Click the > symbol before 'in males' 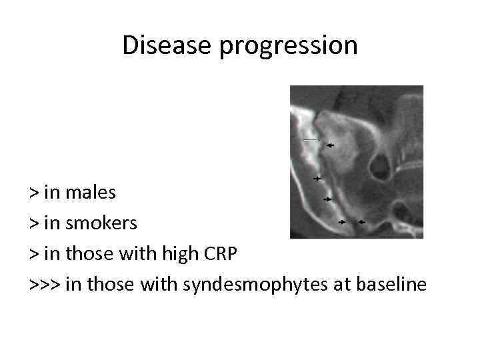(x=33, y=193)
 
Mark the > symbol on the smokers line (x=33, y=224)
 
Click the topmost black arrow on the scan (x=329, y=144)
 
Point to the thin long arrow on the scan (x=310, y=140)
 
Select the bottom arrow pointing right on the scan (x=342, y=222)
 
